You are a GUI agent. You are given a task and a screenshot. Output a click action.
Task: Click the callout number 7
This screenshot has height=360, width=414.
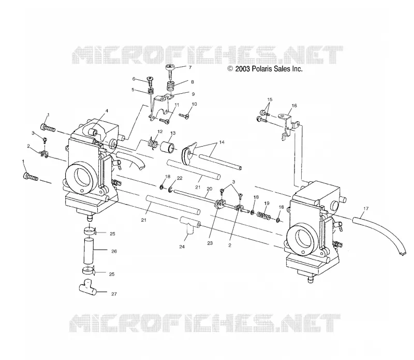pos(190,67)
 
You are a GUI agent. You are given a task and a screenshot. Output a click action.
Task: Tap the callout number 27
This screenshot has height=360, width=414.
pos(114,294)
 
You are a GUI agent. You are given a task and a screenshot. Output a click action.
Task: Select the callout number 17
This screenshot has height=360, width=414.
pos(366,209)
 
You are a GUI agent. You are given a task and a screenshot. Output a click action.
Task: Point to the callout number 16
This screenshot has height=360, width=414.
pos(294,106)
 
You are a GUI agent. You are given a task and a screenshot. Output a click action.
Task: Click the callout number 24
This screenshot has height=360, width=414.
pos(182,247)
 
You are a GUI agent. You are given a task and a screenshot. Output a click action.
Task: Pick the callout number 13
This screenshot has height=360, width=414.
pos(173,133)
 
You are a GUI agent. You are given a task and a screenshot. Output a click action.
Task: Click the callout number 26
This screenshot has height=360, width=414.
pos(114,251)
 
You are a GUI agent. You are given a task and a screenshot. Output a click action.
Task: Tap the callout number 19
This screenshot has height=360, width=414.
pos(267,203)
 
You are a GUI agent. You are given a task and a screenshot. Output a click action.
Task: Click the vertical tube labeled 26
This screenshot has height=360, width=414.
pos(88,251)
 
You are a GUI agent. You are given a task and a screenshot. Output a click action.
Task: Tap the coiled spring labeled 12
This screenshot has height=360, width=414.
pos(153,143)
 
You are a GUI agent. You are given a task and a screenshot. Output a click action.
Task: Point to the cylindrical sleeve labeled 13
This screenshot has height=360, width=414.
pos(167,148)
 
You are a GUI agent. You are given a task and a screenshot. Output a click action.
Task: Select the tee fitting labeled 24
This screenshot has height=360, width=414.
pos(189,225)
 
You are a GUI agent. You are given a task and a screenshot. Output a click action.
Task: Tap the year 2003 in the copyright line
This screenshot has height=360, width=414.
pos(242,69)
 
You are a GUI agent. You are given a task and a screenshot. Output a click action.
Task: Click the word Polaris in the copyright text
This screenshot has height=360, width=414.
pos(261,69)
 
